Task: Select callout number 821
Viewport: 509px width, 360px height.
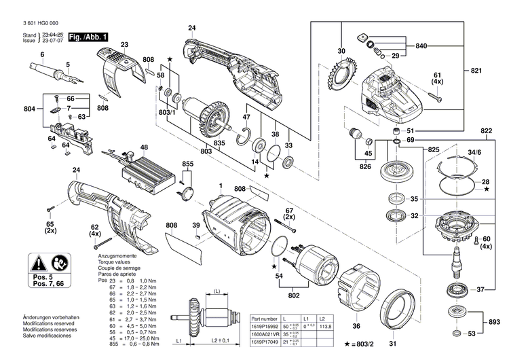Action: (477, 71)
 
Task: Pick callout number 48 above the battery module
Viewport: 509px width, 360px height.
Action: (143, 147)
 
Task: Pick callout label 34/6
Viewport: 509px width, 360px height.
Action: (472, 154)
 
